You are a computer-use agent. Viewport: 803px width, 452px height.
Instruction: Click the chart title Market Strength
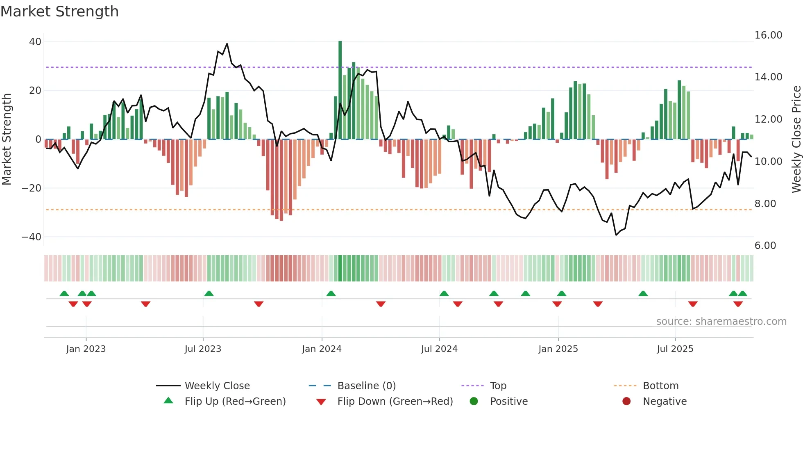point(59,11)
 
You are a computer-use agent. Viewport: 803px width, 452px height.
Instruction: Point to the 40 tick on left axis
point(35,42)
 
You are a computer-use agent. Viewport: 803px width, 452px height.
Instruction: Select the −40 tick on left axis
point(32,237)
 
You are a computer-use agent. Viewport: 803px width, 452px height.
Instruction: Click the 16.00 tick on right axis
point(768,35)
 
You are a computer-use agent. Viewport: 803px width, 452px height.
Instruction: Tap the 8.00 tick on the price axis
point(765,204)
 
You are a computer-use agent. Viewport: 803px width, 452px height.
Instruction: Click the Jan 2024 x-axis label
point(322,349)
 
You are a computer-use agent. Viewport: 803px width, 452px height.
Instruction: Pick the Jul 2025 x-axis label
point(675,349)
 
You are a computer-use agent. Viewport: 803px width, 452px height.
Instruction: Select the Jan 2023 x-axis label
point(86,349)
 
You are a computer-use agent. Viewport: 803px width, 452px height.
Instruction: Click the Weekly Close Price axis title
point(796,139)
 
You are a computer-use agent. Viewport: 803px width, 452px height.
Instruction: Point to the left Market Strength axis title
point(7,139)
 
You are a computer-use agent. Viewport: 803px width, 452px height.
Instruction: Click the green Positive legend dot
point(474,402)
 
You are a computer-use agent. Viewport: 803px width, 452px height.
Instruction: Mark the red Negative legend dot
point(626,402)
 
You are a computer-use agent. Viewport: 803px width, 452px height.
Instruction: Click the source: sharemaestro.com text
point(721,322)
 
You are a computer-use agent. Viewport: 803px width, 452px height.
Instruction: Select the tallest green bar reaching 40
point(340,90)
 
